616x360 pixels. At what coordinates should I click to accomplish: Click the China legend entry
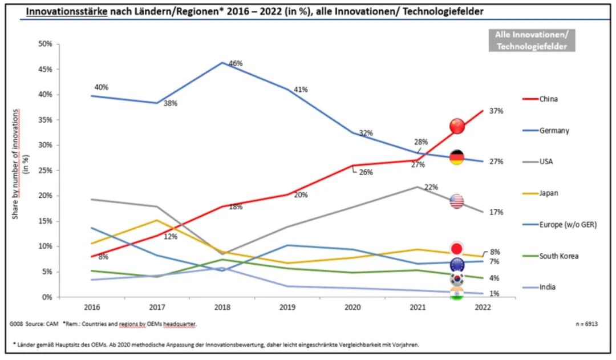coord(540,99)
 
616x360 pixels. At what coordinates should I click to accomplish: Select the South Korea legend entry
coord(550,256)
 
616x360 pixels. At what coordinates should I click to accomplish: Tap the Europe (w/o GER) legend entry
coord(560,225)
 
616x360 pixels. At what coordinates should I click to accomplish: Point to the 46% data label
coord(236,63)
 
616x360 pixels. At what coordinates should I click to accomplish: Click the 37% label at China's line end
coord(496,111)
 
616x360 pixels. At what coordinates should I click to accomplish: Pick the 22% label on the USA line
coord(431,187)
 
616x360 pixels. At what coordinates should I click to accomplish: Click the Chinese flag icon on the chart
coord(457,126)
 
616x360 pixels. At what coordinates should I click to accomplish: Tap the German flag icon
coord(456,157)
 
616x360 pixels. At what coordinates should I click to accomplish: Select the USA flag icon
coord(456,201)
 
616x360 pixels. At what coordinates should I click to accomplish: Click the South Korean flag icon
coord(456,279)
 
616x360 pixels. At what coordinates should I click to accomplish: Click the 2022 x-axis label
coord(483,307)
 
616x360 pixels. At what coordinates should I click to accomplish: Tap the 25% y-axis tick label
coord(45,171)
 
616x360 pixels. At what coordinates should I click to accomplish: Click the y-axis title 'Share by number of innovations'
coord(15,164)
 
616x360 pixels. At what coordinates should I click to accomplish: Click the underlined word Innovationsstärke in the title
coord(67,11)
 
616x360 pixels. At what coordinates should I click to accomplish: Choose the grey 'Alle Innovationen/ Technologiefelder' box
coord(532,40)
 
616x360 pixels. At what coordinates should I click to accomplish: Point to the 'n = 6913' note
coord(586,324)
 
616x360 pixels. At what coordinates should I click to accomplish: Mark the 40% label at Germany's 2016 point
coord(102,87)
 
